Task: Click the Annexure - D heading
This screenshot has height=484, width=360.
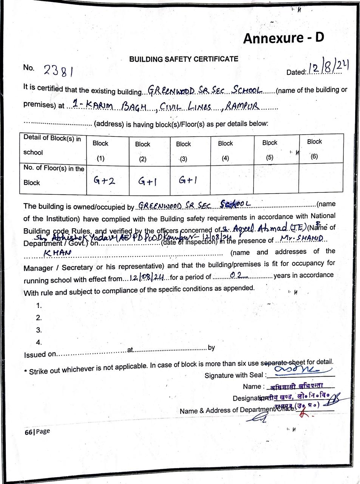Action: (x=283, y=38)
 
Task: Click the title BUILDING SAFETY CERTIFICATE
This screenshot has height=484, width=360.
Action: (x=184, y=59)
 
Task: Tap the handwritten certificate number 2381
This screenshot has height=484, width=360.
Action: (x=59, y=70)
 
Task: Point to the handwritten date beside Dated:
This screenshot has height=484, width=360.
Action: (x=328, y=68)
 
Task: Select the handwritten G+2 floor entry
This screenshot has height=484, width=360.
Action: (x=104, y=181)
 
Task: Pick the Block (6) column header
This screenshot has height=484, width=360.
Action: (x=314, y=149)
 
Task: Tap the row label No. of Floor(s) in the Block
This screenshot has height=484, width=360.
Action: (x=53, y=175)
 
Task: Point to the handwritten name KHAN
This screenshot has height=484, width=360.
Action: (x=57, y=253)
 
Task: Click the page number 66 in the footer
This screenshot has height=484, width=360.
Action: (x=28, y=432)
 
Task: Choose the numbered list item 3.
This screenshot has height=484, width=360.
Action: (x=39, y=330)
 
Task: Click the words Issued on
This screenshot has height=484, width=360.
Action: (x=40, y=354)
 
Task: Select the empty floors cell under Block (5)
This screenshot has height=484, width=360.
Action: (x=276, y=179)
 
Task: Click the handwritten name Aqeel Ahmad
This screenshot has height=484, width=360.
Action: (x=260, y=228)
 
